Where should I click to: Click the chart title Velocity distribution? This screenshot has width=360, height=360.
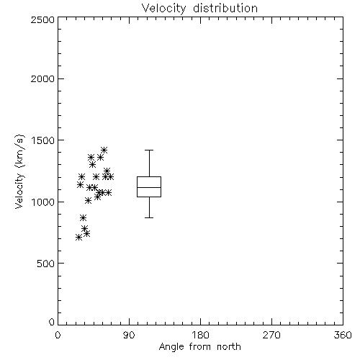click(x=199, y=8)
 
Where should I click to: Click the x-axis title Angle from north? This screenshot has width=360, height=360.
click(x=199, y=347)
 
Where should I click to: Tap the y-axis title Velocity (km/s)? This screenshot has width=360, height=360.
click(x=19, y=171)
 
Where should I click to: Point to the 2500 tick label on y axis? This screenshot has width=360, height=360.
click(x=42, y=19)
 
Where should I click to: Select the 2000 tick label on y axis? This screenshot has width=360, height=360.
click(x=42, y=78)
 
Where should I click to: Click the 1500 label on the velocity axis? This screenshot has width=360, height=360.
click(x=43, y=140)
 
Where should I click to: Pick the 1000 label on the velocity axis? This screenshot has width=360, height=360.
click(x=43, y=202)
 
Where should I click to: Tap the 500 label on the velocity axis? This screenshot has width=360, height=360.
click(x=46, y=264)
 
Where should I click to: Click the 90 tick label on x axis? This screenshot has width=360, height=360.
click(x=129, y=335)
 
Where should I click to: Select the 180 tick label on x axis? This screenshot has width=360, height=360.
click(x=200, y=335)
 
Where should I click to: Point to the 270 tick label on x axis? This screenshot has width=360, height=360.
click(x=271, y=335)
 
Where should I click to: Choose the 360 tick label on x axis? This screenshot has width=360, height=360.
click(x=343, y=335)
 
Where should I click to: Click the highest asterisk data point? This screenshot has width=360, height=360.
click(x=104, y=150)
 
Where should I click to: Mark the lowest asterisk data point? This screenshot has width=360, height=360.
click(x=78, y=238)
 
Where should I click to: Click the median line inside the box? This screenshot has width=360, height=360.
click(x=149, y=187)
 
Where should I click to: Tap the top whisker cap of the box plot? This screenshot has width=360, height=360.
click(x=149, y=150)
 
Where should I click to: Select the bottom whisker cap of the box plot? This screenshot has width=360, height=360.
click(x=149, y=217)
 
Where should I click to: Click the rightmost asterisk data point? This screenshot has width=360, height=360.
click(x=110, y=177)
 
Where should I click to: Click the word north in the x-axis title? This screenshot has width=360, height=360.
click(x=229, y=347)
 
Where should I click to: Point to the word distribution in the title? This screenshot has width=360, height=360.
click(x=225, y=8)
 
